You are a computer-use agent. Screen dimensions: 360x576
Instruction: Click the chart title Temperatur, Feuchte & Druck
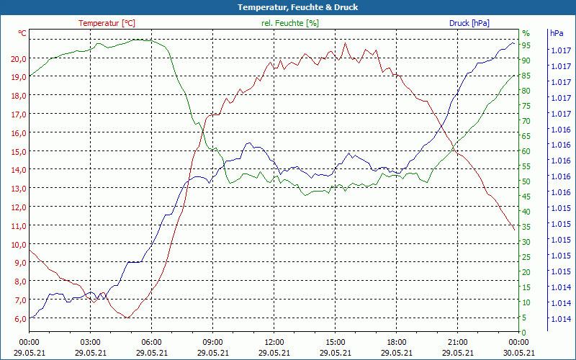[x=288, y=7]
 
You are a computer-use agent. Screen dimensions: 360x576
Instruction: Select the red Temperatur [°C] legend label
[x=107, y=23]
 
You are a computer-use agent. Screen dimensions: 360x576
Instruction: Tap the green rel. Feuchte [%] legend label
[x=289, y=23]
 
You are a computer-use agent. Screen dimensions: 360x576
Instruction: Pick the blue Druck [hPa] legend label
[x=469, y=23]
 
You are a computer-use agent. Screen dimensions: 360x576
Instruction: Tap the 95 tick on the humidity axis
[x=526, y=45]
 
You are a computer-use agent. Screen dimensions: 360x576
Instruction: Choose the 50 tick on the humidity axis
[x=526, y=181]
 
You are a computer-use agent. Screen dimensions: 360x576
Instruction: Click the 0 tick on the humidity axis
[x=524, y=333]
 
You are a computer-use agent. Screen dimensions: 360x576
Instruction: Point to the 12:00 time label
[x=274, y=342]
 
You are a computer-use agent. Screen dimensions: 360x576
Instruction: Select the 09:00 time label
[x=213, y=342]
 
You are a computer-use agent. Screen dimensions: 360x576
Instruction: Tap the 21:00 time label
[x=458, y=342]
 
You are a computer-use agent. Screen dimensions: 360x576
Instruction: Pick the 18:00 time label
[x=397, y=342]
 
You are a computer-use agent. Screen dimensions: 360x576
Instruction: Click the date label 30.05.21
[x=519, y=353]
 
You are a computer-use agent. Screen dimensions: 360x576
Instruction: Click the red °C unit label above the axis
[x=22, y=33]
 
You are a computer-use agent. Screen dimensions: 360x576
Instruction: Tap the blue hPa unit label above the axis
[x=557, y=33]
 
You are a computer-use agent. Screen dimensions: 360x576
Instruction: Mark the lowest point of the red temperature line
[x=126, y=318]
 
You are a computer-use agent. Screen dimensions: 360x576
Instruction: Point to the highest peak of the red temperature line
[x=346, y=42]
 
